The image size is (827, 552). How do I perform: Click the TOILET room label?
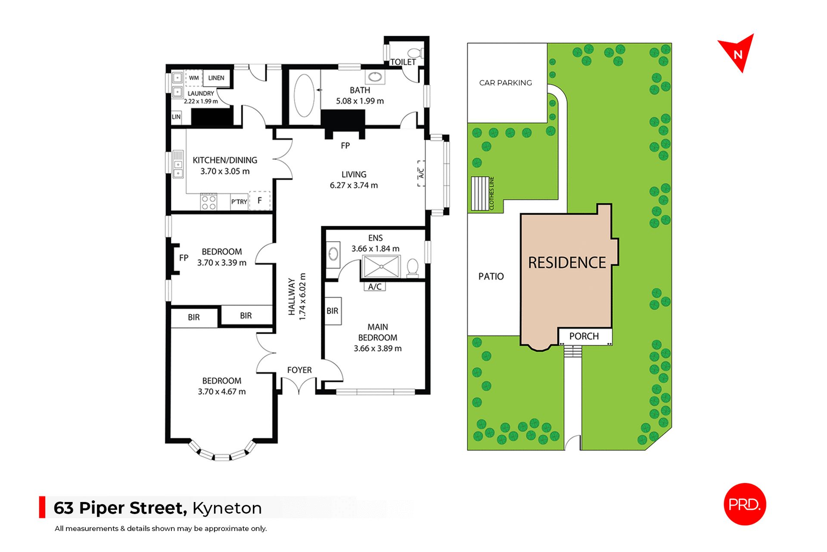click(403, 62)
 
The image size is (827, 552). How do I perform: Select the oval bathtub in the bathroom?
click(304, 96)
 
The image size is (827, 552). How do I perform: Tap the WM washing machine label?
click(194, 78)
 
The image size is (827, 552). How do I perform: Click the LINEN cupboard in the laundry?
click(216, 78)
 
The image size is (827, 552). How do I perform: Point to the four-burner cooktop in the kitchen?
click(209, 203)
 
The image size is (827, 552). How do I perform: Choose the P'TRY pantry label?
click(239, 202)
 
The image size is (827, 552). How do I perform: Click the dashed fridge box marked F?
click(260, 200)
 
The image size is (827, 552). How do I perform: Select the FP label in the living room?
click(345, 146)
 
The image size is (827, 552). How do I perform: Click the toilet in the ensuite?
click(413, 267)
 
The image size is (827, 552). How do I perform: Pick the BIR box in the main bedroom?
click(333, 311)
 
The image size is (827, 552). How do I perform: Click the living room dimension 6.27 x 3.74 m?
click(354, 185)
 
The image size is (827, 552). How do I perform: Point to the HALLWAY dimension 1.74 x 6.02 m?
click(302, 296)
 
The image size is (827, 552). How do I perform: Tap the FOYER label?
click(299, 370)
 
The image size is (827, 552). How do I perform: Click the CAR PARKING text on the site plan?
click(505, 83)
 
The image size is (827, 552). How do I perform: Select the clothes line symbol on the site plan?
click(480, 193)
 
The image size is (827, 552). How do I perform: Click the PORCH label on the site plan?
click(584, 336)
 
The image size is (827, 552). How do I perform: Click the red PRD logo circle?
click(745, 504)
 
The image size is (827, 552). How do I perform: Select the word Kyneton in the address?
click(227, 508)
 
